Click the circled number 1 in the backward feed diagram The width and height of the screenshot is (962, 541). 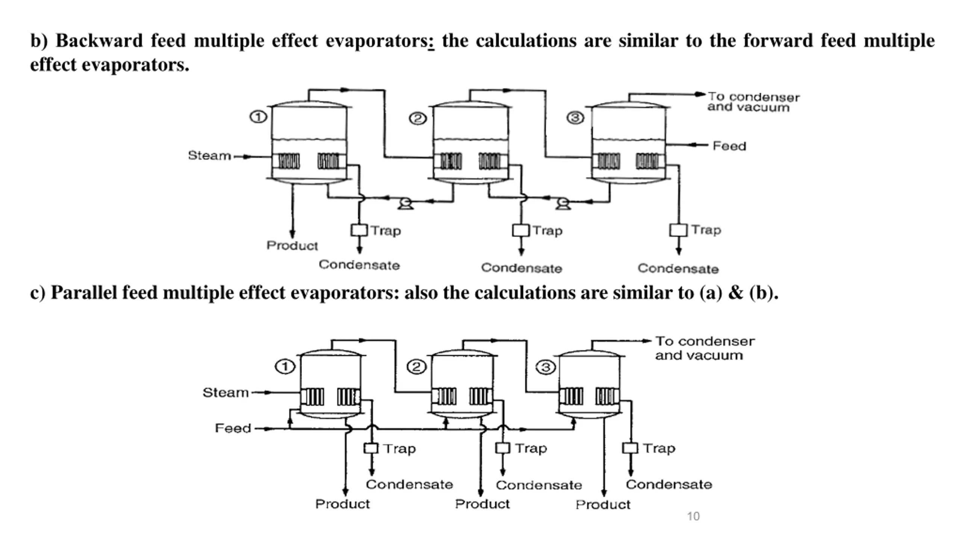point(258,117)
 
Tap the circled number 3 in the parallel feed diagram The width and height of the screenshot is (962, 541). point(546,367)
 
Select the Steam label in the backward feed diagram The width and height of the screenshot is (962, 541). point(209,156)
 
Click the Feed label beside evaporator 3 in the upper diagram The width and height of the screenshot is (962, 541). point(729,146)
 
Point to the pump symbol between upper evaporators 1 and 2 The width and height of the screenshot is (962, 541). point(405,204)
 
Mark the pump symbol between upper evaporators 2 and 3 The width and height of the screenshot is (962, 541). point(563,204)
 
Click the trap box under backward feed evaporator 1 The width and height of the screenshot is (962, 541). point(359,230)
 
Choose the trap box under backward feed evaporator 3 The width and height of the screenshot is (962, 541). point(678,230)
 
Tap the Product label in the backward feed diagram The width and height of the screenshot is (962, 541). point(292,246)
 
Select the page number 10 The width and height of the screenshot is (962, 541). point(693,516)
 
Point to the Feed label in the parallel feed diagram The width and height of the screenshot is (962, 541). point(233,428)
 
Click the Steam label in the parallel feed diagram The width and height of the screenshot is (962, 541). point(225,393)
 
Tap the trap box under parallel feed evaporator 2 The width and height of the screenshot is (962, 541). point(502,448)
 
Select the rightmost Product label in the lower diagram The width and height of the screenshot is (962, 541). point(603,505)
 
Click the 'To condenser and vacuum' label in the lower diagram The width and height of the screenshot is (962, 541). point(705,348)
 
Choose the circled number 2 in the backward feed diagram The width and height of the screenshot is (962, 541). point(417,119)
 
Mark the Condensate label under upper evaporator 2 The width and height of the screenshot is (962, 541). point(522,268)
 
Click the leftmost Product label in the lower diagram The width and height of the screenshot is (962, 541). point(342,504)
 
